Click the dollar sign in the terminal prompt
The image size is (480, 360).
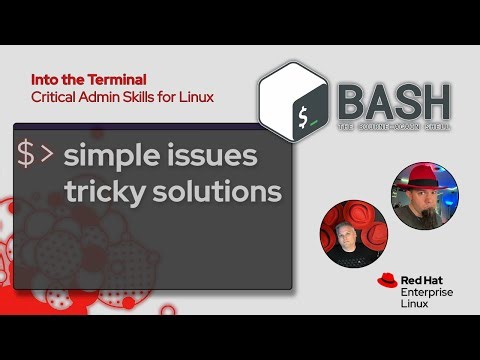(27, 155)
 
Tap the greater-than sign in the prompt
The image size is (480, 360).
(48, 155)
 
